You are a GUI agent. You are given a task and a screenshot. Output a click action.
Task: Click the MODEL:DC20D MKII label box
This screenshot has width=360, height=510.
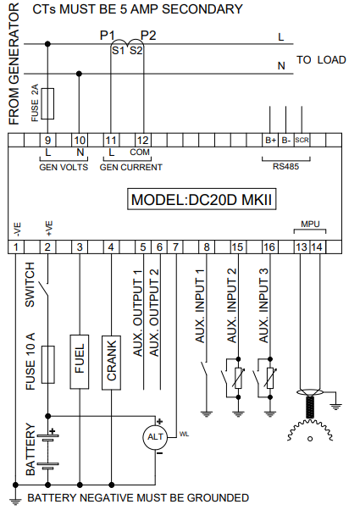click(202, 199)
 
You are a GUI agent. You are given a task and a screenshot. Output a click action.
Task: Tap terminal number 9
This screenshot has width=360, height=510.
click(47, 140)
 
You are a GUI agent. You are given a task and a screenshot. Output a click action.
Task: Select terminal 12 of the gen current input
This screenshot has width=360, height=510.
click(143, 140)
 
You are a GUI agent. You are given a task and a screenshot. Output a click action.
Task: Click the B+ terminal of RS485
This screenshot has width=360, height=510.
click(270, 140)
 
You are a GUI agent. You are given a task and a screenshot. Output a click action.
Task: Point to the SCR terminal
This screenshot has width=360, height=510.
click(302, 140)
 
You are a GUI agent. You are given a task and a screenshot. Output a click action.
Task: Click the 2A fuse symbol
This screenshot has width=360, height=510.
click(47, 103)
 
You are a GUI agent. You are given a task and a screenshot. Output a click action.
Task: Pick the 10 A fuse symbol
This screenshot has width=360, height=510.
click(47, 364)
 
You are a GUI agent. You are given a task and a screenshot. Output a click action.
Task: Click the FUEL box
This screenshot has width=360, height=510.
click(80, 362)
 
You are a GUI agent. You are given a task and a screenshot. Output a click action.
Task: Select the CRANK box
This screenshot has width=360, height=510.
click(111, 363)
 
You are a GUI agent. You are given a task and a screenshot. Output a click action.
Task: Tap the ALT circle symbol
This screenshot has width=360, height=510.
click(155, 437)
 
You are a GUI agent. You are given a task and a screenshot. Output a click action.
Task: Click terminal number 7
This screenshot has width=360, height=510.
click(175, 247)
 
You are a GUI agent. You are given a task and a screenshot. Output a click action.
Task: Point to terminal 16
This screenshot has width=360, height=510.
click(269, 247)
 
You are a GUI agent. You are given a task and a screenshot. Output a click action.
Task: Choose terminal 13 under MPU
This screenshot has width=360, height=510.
click(302, 247)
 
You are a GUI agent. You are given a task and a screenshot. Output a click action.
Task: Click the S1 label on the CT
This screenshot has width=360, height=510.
click(118, 51)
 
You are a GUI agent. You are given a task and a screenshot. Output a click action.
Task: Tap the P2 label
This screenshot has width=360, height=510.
click(148, 35)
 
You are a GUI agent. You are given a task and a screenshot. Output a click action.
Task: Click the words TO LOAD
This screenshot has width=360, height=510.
click(321, 60)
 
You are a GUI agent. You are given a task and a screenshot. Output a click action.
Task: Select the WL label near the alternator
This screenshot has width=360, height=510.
click(184, 435)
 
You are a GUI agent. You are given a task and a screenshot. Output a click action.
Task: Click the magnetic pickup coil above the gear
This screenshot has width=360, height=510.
click(310, 407)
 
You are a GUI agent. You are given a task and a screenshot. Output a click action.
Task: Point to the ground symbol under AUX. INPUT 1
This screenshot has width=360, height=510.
click(207, 413)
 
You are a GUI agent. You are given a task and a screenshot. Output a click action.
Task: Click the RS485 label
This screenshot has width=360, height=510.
click(285, 167)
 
